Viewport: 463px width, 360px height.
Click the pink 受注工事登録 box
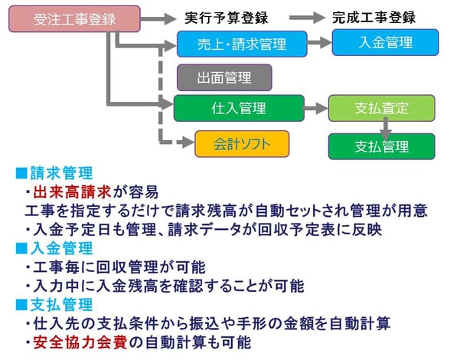click(x=65, y=18)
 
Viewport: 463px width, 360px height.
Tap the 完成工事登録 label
click(x=374, y=17)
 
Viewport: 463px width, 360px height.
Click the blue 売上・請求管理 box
click(x=241, y=44)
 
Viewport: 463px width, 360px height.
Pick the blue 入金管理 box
click(x=385, y=42)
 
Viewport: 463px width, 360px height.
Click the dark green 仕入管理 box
click(x=238, y=108)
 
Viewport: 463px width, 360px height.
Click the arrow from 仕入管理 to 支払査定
click(x=315, y=108)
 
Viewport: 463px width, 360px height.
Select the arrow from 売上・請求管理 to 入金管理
click(x=319, y=43)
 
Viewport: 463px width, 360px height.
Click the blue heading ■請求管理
click(x=54, y=173)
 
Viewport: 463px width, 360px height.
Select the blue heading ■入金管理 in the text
click(x=54, y=248)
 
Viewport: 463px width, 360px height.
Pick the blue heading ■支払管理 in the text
click(x=54, y=305)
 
